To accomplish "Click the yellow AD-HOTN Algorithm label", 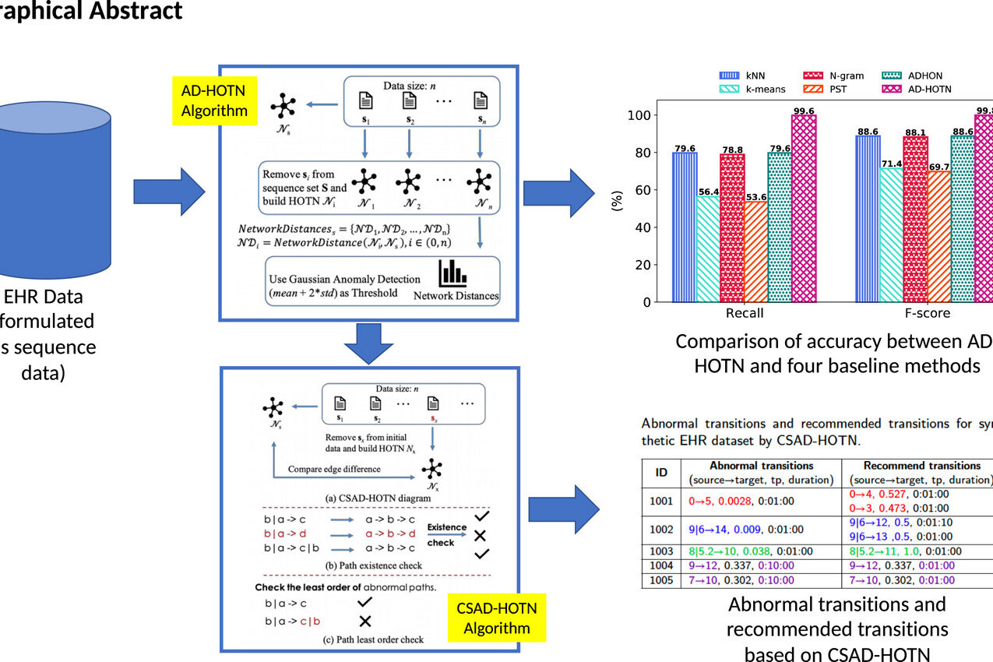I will point(214,100).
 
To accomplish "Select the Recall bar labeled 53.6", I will point(754,252).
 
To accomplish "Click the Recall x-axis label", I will point(744,313).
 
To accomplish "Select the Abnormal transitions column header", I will point(756,466).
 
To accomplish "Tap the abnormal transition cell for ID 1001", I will point(756,501).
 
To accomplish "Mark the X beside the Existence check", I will point(481,535).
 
